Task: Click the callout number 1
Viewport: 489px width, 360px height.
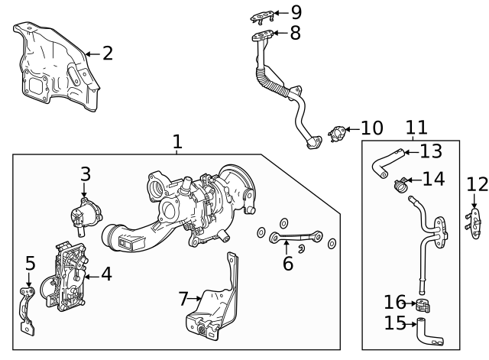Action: (177, 141)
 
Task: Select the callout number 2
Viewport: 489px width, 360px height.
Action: (107, 53)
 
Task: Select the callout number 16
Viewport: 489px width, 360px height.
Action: (395, 302)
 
